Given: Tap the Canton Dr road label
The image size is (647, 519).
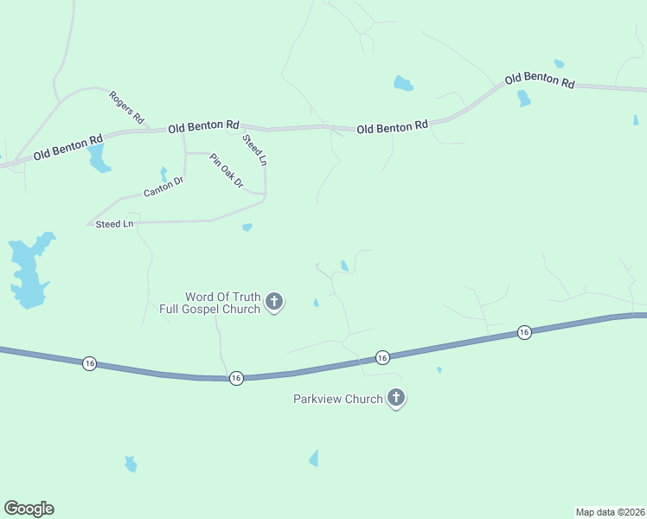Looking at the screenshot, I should coord(164,186).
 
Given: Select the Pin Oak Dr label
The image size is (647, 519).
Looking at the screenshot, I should coord(227,172).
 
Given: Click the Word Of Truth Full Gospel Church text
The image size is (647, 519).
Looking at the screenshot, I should coord(209,303).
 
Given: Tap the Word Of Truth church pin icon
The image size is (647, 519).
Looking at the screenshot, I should coord(274,302).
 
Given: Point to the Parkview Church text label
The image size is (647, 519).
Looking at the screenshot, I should coord(338,399).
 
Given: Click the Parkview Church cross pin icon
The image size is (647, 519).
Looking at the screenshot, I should coord(396,398).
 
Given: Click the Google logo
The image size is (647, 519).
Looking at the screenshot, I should coord(29,509).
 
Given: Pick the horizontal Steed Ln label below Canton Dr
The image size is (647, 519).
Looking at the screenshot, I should coord(114,224).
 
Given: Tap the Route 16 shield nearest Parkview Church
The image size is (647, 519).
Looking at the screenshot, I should coord(382,356).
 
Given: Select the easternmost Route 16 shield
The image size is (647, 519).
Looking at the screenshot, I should coord(524,332).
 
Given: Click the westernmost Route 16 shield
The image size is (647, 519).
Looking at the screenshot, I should coord(90,364).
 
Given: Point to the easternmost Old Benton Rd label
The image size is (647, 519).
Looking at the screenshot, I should coord(540,80).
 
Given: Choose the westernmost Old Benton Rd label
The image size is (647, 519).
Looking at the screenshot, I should coord(68,146).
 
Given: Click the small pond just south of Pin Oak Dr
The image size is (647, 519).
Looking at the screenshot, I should coord(247,227).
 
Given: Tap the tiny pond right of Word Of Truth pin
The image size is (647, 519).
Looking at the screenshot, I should coord(316,303).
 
